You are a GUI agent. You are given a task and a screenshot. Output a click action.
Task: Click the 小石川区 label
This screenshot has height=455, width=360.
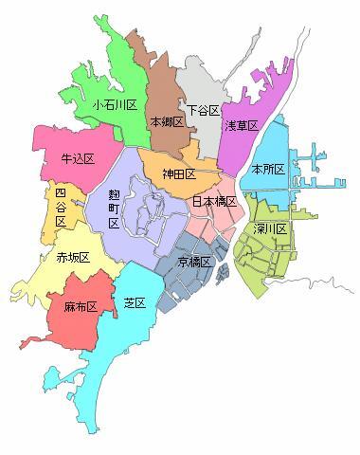coord(116,105)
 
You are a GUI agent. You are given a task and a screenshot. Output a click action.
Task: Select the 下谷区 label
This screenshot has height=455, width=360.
coord(203,111)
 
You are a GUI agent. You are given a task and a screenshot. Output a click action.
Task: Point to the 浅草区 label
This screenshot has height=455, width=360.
coord(242,125)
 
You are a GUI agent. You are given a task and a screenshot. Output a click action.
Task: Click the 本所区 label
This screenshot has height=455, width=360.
coord(268,168)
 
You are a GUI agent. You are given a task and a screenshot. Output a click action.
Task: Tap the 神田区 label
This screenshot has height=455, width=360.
coord(178,174)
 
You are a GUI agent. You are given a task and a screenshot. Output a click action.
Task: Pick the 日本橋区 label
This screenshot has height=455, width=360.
coord(213,202)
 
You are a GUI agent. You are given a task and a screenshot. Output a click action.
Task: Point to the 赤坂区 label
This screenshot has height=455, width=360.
coord(73,258)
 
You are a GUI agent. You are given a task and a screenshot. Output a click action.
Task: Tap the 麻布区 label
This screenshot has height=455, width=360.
coord(81,307)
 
